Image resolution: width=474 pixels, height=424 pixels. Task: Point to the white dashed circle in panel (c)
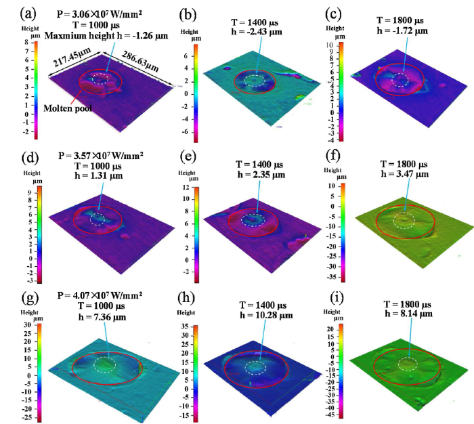(x=401, y=81)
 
